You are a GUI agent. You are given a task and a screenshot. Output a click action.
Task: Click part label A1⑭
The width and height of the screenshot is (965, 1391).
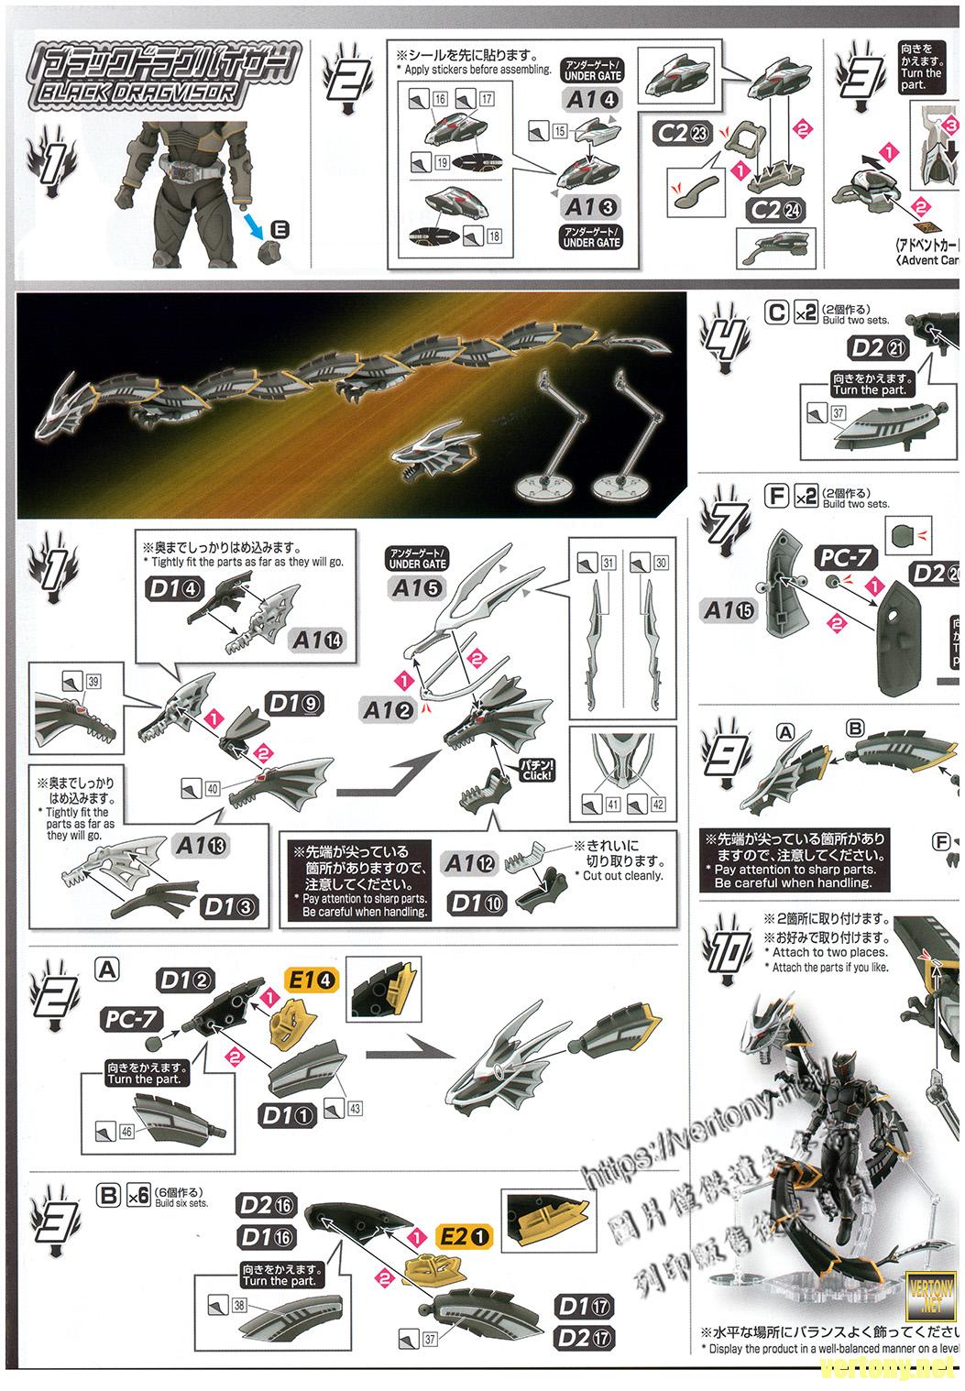[x=319, y=640]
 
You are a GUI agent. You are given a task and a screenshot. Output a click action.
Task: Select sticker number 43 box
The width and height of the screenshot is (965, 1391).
[x=353, y=1108]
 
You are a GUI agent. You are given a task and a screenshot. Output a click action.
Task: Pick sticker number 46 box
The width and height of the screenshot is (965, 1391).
[x=126, y=1132]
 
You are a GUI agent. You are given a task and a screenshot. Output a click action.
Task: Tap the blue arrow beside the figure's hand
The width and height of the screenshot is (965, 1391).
[x=259, y=223]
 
